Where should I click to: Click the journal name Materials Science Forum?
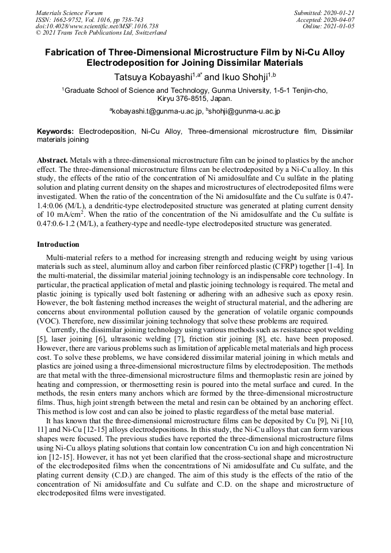(69, 13)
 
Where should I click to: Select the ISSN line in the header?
(89, 19)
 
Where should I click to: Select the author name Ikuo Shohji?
(238, 76)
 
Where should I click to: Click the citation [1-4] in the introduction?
(340, 266)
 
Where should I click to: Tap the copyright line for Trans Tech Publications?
(101, 33)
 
